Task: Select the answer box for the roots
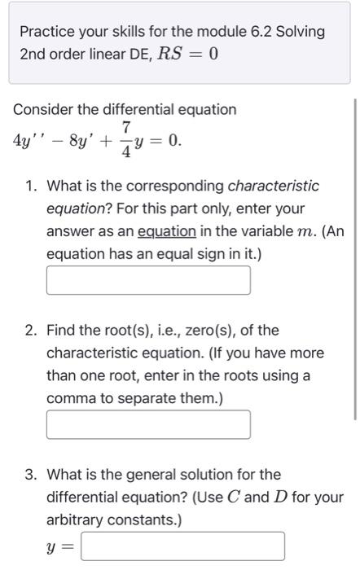pyautogui.click(x=148, y=424)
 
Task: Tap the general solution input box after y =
pyautogui.click(x=182, y=546)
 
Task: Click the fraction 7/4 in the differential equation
pyautogui.click(x=126, y=140)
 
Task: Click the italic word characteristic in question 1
pyautogui.click(x=273, y=186)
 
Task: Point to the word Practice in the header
pyautogui.click(x=46, y=32)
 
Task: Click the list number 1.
pyautogui.click(x=30, y=186)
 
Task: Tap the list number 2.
pyautogui.click(x=30, y=331)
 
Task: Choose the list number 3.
pyautogui.click(x=30, y=474)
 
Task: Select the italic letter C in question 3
pyautogui.click(x=250, y=497)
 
